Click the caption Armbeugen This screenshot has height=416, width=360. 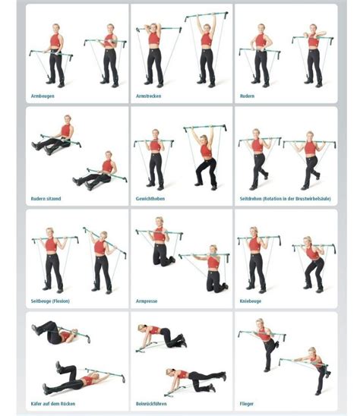43,96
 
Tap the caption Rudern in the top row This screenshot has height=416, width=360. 247,96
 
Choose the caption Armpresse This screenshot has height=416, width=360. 147,301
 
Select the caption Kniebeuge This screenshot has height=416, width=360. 250,301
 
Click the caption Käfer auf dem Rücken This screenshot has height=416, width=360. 52,405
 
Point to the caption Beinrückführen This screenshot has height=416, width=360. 150,405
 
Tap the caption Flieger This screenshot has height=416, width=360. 247,405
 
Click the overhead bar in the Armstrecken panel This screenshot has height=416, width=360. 207,14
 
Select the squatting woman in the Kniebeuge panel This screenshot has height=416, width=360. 313,263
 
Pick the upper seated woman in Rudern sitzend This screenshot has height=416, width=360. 61,137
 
